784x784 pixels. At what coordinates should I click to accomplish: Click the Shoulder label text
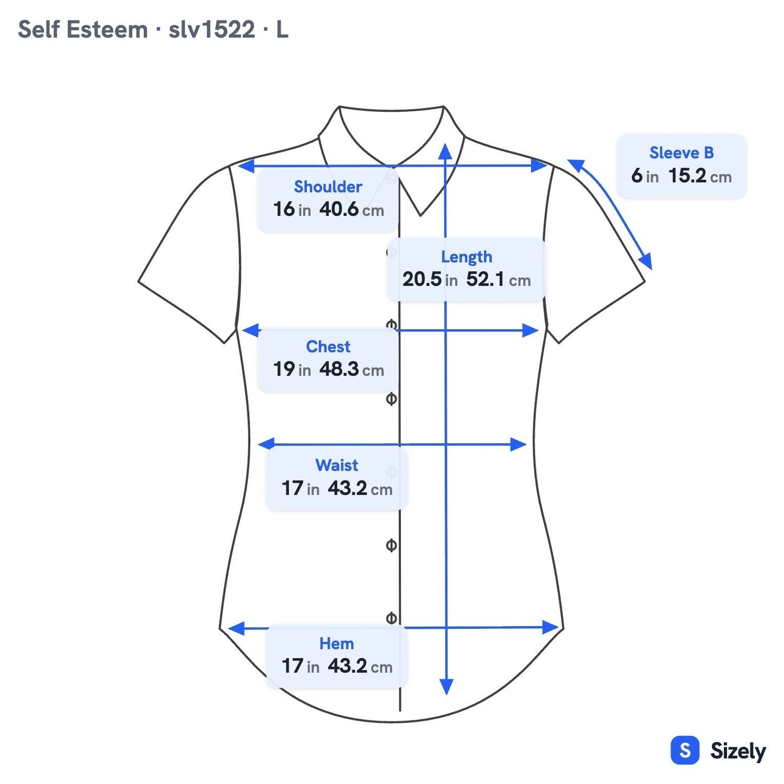328,187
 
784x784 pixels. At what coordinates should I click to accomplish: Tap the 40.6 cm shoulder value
351,209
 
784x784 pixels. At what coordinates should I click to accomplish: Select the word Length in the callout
466,257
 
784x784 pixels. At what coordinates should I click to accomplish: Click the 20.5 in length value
430,279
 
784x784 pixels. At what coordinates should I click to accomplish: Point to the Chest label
328,347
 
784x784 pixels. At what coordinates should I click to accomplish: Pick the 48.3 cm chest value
351,369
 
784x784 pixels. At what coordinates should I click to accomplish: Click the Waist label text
336,465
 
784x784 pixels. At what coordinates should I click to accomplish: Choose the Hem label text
336,643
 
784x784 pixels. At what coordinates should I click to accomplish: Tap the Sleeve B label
681,152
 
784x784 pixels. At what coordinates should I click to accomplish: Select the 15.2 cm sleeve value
700,176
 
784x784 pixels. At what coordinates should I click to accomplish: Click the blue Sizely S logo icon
685,750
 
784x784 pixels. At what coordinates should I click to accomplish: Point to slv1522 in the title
212,30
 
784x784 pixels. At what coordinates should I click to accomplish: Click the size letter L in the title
282,30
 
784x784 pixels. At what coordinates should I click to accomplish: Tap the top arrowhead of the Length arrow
445,151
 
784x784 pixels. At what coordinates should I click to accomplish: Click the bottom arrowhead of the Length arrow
447,687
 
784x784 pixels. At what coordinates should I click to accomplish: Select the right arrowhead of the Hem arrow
551,627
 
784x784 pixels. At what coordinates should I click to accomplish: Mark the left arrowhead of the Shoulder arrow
246,165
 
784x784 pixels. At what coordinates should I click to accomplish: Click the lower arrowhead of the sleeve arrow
646,261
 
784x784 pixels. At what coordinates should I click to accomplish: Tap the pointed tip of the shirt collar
420,215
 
